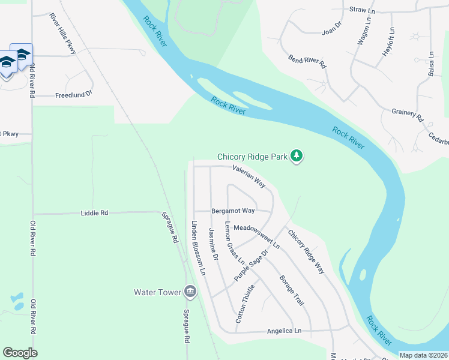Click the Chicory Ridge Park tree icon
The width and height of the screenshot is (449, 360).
296,156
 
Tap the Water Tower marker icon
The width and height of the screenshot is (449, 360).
190,292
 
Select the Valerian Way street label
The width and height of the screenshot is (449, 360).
249,177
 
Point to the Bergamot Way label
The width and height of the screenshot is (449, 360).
233,211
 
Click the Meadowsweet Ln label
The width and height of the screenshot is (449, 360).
257,237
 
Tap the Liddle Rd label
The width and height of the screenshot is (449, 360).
94,212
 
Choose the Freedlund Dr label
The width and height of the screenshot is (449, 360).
73,95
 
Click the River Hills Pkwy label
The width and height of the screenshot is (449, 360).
63,34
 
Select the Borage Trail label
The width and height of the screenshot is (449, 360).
292,290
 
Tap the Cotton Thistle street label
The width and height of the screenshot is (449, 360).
245,304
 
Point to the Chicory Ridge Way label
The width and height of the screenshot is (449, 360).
306,253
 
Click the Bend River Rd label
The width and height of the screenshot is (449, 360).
307,61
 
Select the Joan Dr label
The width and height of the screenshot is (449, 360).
331,28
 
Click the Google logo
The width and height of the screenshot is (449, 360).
20,352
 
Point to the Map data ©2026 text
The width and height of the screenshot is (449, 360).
423,355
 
